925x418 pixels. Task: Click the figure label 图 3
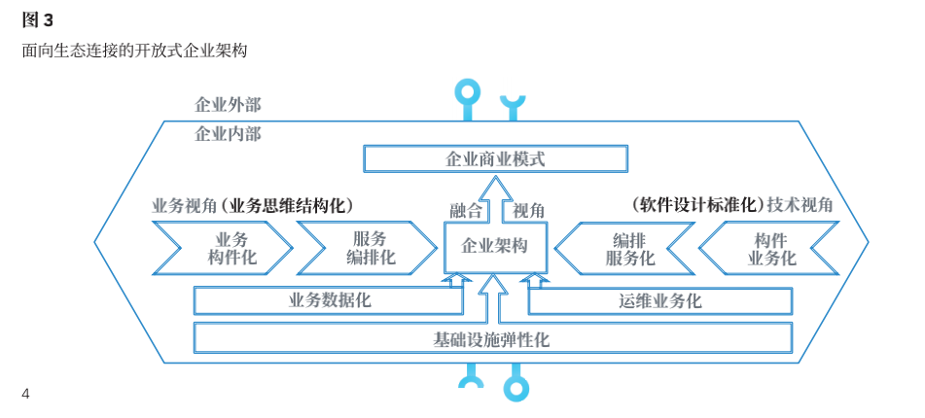coord(37,20)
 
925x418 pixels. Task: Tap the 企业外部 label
coord(228,105)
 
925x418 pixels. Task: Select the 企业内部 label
coord(228,133)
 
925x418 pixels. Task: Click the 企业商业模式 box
coord(495,158)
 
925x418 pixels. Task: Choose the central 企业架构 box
coord(494,246)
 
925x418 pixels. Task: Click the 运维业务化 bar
coord(659,300)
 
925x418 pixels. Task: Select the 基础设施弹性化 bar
coord(492,339)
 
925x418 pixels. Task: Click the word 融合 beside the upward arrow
coord(465,210)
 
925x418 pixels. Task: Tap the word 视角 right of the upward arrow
coord(528,210)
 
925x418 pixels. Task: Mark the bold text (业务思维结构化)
coord(286,205)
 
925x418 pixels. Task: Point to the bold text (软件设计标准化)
coord(697,205)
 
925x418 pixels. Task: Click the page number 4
coord(26,394)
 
